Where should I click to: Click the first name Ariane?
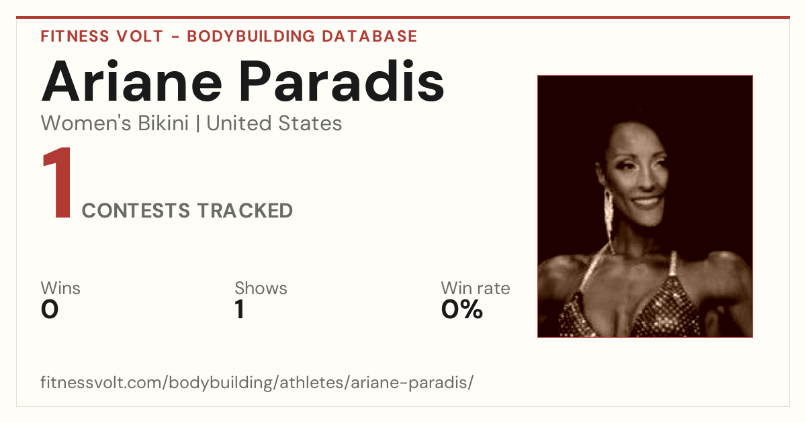(132, 81)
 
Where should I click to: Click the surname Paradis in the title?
(342, 81)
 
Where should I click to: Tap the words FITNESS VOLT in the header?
(102, 36)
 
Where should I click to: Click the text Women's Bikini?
(115, 123)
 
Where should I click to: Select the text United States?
(274, 123)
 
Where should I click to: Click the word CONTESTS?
(136, 210)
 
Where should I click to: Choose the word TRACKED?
(245, 210)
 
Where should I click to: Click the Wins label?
(60, 288)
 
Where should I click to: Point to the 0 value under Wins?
(50, 310)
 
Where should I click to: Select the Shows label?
(261, 288)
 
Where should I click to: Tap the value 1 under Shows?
(240, 310)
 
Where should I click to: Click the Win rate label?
(476, 288)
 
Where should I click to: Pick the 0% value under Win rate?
(462, 310)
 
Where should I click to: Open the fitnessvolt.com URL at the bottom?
(257, 382)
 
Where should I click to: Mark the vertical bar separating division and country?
(197, 124)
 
